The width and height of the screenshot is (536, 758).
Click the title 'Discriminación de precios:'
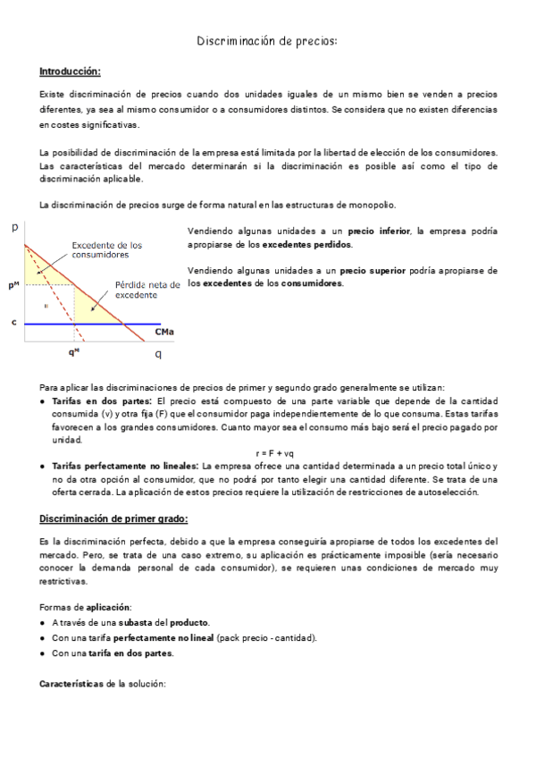268,41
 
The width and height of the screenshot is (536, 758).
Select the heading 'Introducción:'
70,71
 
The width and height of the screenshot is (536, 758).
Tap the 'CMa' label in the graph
163,333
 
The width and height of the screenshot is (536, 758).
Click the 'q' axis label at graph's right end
159,354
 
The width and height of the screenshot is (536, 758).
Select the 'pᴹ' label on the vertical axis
13,285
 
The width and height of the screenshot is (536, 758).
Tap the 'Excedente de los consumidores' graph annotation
106,249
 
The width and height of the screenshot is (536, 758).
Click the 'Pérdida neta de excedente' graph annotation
147,290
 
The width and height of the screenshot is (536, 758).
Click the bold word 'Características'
71,683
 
